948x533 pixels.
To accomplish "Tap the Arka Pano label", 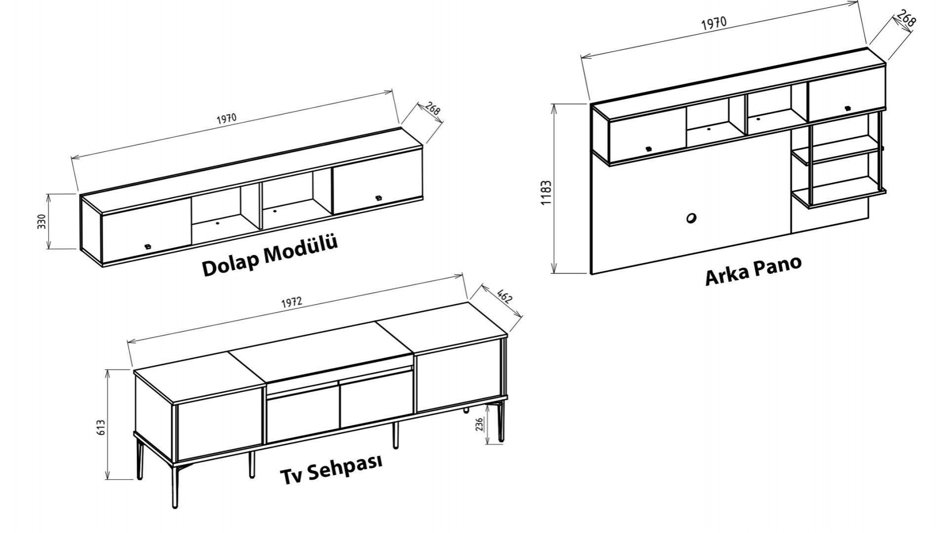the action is (753, 271).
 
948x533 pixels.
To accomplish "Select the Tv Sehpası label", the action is (331, 469).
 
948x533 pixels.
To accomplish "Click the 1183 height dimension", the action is (546, 193).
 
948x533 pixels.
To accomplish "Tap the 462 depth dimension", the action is (505, 298).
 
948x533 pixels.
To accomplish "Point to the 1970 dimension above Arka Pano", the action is (714, 23).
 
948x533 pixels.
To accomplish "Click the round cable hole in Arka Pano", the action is (691, 218).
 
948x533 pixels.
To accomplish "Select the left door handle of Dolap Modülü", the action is (147, 246).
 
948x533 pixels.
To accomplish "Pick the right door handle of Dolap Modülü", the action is (379, 198).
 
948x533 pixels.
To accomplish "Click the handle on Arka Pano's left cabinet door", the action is (648, 148).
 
